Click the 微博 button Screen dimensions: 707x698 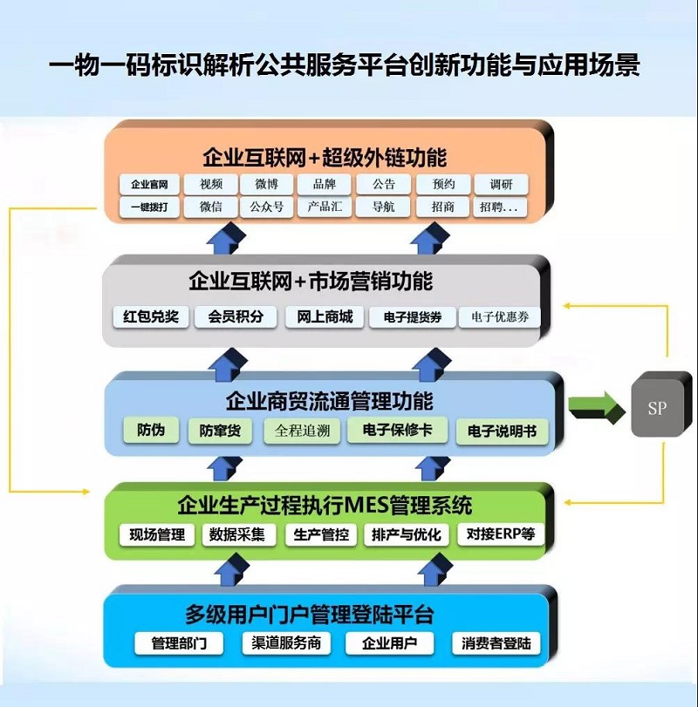pyautogui.click(x=267, y=185)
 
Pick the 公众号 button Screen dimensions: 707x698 pyautogui.click(x=267, y=207)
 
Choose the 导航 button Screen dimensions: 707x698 pyautogui.click(x=383, y=207)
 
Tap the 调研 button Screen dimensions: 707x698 pyautogui.click(x=501, y=185)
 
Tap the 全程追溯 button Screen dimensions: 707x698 pyautogui.click(x=303, y=430)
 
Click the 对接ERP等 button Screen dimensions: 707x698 pyautogui.click(x=501, y=534)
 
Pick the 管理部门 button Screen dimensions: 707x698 pyautogui.click(x=179, y=643)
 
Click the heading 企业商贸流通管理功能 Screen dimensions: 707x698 pyautogui.click(x=329, y=402)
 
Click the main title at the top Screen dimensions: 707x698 pyautogui.click(x=345, y=65)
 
